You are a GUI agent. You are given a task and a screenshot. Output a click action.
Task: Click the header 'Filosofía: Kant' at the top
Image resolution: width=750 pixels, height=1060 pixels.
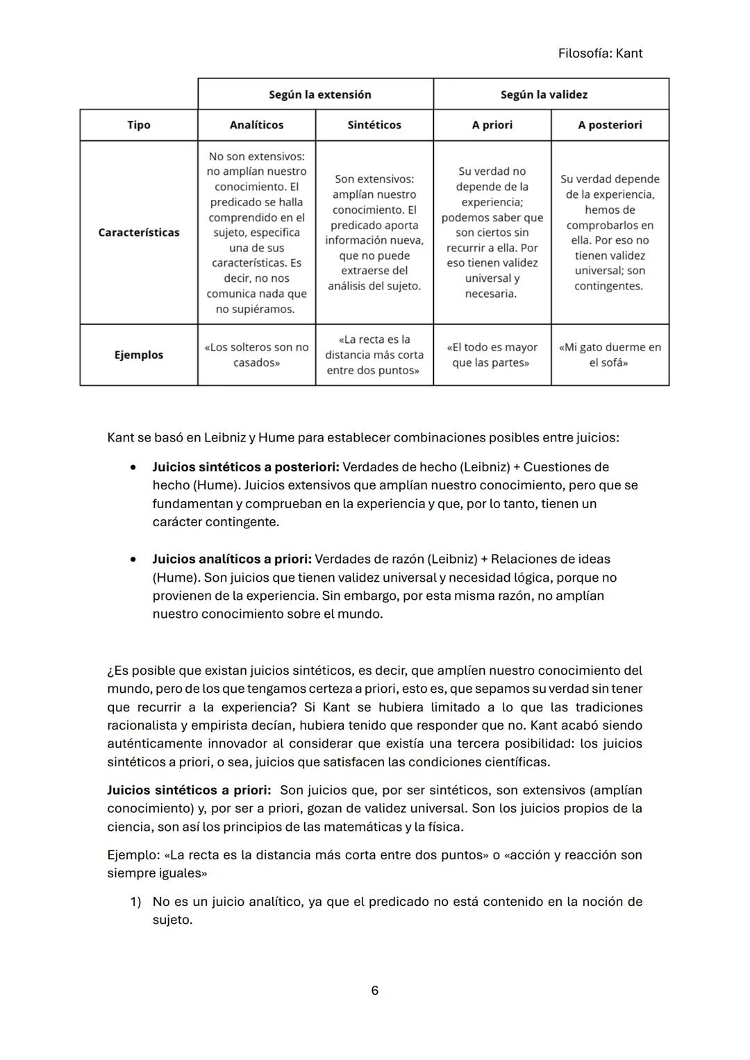pos(600,53)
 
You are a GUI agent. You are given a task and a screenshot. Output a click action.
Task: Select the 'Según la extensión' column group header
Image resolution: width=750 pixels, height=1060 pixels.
pos(320,94)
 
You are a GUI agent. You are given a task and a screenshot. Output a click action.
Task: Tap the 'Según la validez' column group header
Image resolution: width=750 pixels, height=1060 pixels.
pos(544,94)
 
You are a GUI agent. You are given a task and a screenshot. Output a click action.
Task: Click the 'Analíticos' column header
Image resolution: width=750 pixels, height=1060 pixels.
pos(256,125)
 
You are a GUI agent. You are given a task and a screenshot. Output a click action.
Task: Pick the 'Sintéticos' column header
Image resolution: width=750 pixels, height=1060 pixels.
pos(374,125)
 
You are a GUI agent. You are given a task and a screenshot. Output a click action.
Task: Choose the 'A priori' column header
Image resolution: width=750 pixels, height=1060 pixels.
pos(492,125)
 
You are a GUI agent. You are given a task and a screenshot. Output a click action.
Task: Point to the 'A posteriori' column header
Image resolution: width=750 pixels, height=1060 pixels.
pos(610,125)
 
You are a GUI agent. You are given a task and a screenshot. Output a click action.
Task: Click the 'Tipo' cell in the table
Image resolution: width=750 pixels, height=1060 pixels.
pos(139,125)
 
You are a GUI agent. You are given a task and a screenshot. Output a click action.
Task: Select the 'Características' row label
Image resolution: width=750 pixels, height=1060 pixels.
pos(139,233)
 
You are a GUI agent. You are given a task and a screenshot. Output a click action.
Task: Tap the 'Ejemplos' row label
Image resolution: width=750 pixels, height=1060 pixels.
pos(139,355)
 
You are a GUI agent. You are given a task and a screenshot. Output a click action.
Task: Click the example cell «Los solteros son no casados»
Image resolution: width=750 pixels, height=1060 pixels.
pos(256,355)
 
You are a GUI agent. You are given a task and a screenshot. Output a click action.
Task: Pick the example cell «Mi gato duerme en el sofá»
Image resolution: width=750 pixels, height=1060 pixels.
pos(610,355)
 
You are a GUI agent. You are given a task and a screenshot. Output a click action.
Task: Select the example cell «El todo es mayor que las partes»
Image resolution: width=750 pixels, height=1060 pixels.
pos(492,355)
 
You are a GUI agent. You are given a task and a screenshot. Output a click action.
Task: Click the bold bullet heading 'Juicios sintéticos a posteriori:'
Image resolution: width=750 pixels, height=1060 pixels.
pos(245,467)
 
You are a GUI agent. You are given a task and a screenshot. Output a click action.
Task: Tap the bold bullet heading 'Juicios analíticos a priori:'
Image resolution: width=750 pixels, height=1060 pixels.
pos(232,559)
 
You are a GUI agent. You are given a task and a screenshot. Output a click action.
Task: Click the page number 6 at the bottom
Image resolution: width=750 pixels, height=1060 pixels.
pos(375,991)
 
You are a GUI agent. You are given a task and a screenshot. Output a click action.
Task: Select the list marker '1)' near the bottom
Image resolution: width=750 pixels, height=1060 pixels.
pos(136,902)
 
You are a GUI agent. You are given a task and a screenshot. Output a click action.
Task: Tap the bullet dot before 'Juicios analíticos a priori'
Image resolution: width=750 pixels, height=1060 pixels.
pos(133,559)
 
